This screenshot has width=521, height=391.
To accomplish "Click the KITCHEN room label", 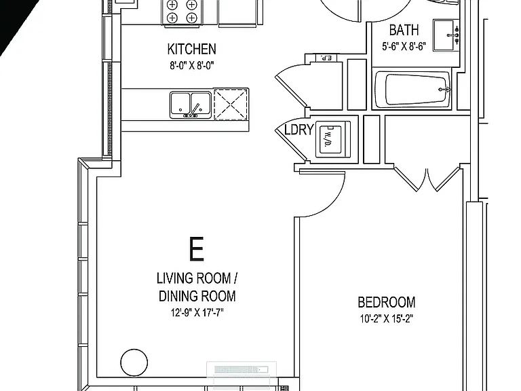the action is pos(192,49).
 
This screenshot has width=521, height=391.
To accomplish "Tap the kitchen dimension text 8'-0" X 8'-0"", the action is pos(192,65).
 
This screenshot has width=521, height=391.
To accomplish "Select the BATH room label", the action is pos(404,31).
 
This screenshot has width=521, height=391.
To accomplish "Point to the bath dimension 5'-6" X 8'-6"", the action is pos(404,46).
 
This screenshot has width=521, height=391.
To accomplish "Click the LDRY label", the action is pos(299,130).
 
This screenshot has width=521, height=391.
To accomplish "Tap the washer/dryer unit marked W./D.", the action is pos(333,139).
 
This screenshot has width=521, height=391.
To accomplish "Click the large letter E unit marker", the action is pos(196,248).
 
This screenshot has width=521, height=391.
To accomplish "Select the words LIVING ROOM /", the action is pos(197,278).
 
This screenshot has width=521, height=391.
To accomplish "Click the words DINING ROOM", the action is pos(197,296).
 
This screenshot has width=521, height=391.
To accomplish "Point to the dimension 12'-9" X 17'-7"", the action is pos(197,312).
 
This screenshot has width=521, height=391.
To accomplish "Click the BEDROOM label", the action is pos(387,302).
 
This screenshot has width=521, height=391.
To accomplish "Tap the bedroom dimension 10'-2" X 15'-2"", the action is pos(387,319).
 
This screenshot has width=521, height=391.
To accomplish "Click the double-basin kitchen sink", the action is pos(191,105).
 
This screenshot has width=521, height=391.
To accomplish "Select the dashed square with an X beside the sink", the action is pos(231,104).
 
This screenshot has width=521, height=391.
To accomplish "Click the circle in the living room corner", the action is pos(134,362).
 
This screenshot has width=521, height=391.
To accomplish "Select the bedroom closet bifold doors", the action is pos(427,180).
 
